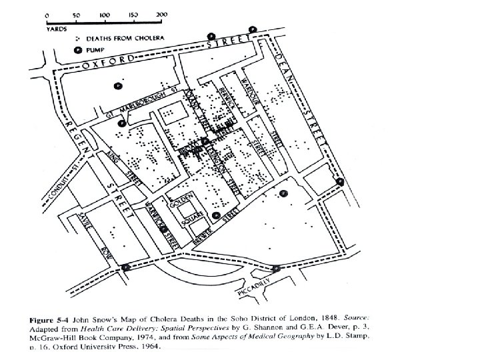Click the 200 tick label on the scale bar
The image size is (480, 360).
tap(161, 14)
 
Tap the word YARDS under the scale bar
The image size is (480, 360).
tap(55, 29)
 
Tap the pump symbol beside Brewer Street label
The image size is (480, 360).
tap(217, 215)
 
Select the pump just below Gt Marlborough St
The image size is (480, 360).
tap(121, 123)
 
